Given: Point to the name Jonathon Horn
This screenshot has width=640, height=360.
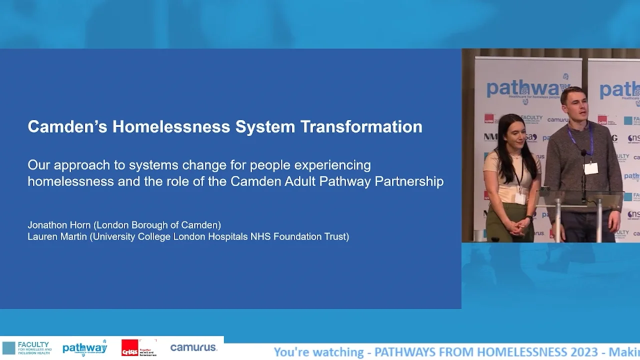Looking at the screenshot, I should (x=59, y=225).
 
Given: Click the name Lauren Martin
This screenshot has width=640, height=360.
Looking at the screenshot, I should (x=57, y=236).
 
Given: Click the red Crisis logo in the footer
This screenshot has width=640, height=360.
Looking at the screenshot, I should (x=129, y=348).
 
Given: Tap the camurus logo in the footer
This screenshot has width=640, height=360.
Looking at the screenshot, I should (x=193, y=347).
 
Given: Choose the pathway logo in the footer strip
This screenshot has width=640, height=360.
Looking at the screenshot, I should (x=84, y=348).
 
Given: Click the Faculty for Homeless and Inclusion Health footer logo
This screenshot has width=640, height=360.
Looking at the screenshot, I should (x=27, y=348).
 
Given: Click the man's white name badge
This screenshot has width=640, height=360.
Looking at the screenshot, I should (x=591, y=168).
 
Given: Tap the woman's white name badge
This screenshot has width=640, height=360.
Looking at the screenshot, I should (x=520, y=198).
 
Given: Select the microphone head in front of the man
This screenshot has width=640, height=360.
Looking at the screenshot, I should (x=583, y=153).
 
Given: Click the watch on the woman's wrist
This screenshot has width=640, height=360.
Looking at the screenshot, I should (x=528, y=218).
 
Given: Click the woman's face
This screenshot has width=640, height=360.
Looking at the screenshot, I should (x=513, y=132).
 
